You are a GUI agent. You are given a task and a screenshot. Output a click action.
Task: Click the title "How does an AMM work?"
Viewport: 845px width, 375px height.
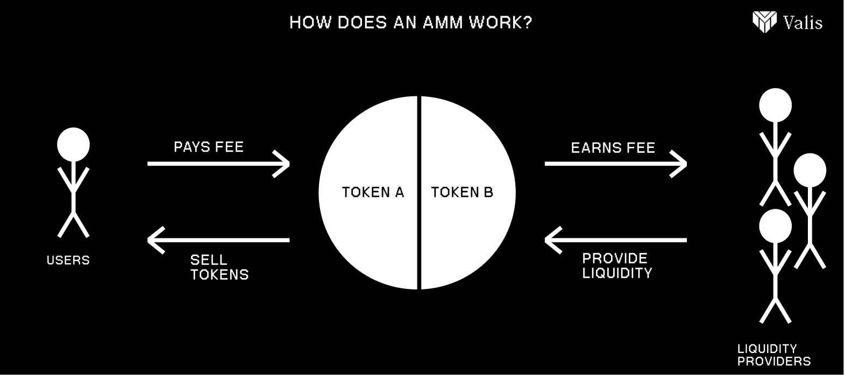coord(410,23)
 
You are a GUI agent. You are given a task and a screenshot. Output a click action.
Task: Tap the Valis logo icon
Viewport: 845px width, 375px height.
coord(764,22)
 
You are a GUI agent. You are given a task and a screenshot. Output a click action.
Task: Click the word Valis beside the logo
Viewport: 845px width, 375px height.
coord(803,23)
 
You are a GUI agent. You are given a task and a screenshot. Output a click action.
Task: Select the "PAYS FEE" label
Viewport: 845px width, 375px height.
coord(209,147)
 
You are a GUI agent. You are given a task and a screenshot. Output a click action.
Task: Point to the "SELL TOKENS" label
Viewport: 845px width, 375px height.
coord(219,267)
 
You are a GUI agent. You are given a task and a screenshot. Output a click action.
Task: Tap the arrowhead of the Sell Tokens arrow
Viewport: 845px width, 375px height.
coord(155,239)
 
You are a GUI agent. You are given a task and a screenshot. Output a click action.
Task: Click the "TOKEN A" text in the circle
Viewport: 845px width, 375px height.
coord(373,192)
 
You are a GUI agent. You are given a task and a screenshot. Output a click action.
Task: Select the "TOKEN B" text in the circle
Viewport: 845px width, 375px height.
coord(462,192)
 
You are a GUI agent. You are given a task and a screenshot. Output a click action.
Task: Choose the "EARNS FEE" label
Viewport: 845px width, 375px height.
coord(613,148)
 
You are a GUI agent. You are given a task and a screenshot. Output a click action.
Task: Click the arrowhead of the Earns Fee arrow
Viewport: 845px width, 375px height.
coord(680,163)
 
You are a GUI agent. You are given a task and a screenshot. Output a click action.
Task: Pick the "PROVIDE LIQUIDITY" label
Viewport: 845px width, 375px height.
coord(617,266)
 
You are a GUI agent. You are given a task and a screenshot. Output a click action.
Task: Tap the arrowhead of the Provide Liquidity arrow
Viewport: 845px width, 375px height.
coord(552,239)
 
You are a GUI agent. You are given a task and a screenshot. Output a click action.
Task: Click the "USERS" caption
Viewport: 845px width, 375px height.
coord(68,260)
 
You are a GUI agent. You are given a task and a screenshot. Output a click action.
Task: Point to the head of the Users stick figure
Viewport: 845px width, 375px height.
coord(74,144)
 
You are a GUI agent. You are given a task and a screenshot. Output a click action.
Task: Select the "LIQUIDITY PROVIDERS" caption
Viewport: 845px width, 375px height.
coord(773,355)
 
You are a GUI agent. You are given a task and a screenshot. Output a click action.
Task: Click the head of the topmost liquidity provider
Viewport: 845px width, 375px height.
coord(775,104)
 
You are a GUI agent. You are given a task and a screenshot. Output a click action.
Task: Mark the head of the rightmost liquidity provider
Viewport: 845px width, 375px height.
coord(810,170)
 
